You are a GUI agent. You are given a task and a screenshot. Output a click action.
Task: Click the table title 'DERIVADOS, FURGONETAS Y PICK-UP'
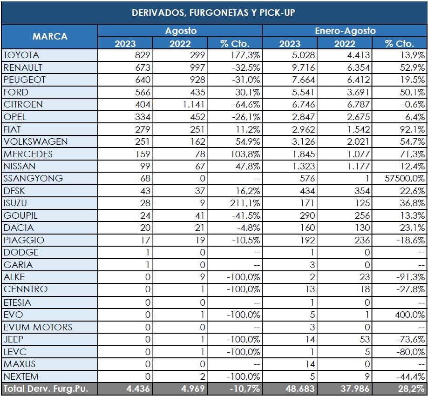point(214,12)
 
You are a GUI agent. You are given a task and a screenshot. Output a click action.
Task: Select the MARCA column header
point(49,36)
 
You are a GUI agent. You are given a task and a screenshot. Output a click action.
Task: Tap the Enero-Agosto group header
point(345,31)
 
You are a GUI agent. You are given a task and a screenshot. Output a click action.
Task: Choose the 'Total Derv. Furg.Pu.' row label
point(46,389)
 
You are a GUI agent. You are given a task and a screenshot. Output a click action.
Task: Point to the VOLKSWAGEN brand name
point(35,141)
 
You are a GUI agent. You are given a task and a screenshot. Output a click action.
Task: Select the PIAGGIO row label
point(24,240)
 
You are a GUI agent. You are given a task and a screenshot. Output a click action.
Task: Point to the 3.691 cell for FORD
point(358,92)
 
